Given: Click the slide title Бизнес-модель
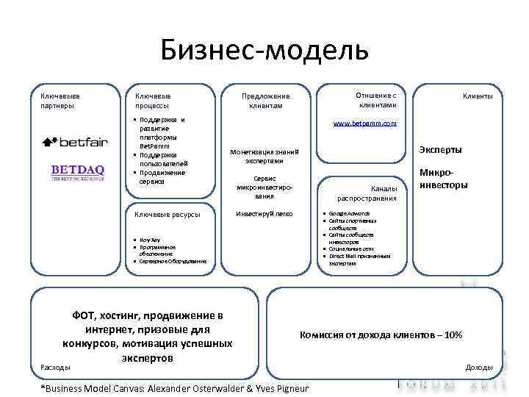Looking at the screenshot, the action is [264, 51].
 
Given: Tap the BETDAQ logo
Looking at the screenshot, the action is [77, 173].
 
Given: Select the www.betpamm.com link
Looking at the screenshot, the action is [364, 124].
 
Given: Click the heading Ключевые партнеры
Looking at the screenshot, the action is [60, 101].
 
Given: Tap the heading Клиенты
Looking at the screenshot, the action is [477, 96].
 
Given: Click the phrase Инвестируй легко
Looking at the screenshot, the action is [264, 214].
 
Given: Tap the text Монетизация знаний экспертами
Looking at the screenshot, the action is [264, 156].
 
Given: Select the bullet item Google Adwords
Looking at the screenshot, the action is [349, 214].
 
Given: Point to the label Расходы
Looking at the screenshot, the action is [56, 367].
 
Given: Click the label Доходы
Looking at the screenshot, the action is [479, 367].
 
